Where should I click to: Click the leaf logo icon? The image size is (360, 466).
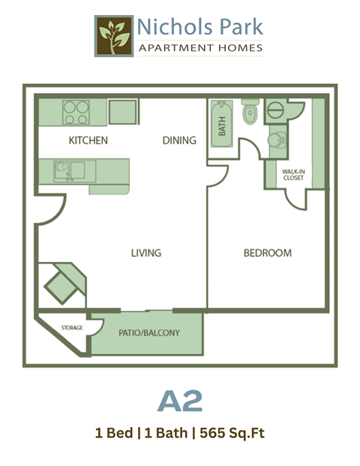click(x=113, y=36)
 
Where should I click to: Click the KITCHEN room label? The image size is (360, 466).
click(x=88, y=140)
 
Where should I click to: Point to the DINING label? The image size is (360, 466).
click(x=179, y=140)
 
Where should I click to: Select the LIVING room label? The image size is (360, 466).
click(x=145, y=253)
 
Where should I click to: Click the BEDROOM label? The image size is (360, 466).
click(x=267, y=253)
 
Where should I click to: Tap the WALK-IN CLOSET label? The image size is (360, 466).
click(x=293, y=176)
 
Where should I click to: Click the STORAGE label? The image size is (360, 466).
click(x=72, y=328)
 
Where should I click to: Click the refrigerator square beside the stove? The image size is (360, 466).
click(x=121, y=111)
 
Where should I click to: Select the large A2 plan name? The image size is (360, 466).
click(x=180, y=401)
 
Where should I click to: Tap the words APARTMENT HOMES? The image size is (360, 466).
click(x=200, y=49)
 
